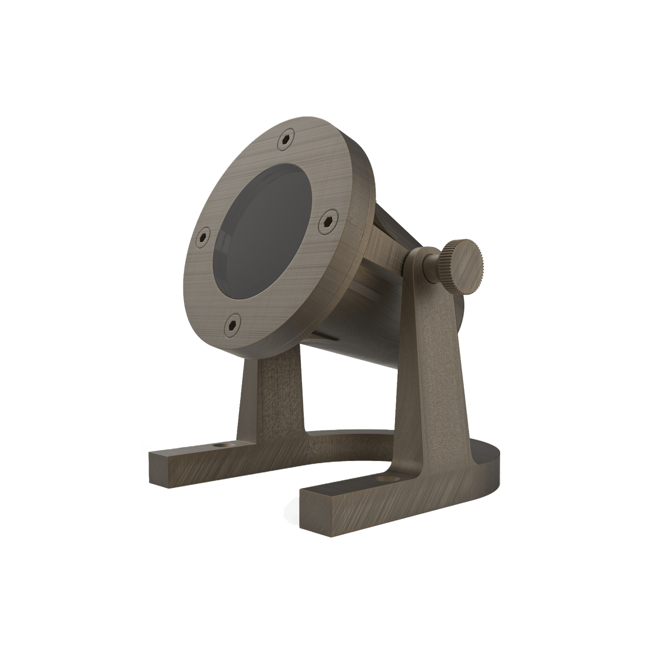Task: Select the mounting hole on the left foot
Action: tap(219, 446)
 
